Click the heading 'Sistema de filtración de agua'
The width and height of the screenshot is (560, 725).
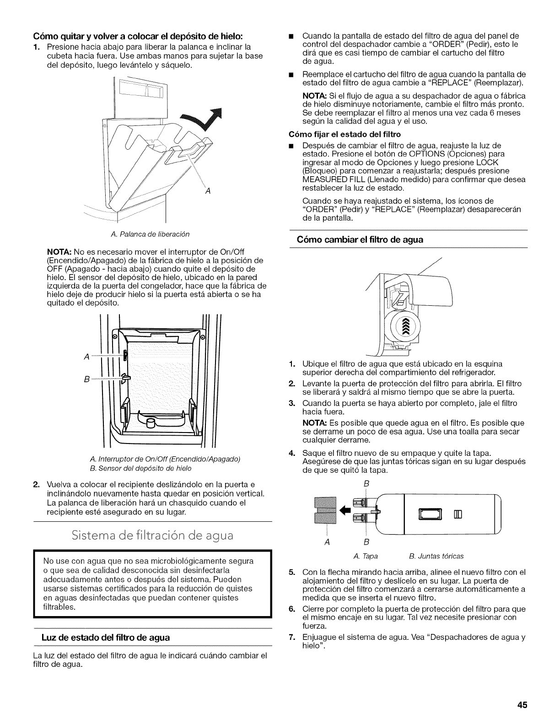[152, 535]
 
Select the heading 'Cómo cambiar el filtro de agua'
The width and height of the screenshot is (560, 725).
[361, 239]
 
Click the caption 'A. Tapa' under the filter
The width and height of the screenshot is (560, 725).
[362, 556]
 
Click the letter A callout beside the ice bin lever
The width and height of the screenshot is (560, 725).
[207, 190]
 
